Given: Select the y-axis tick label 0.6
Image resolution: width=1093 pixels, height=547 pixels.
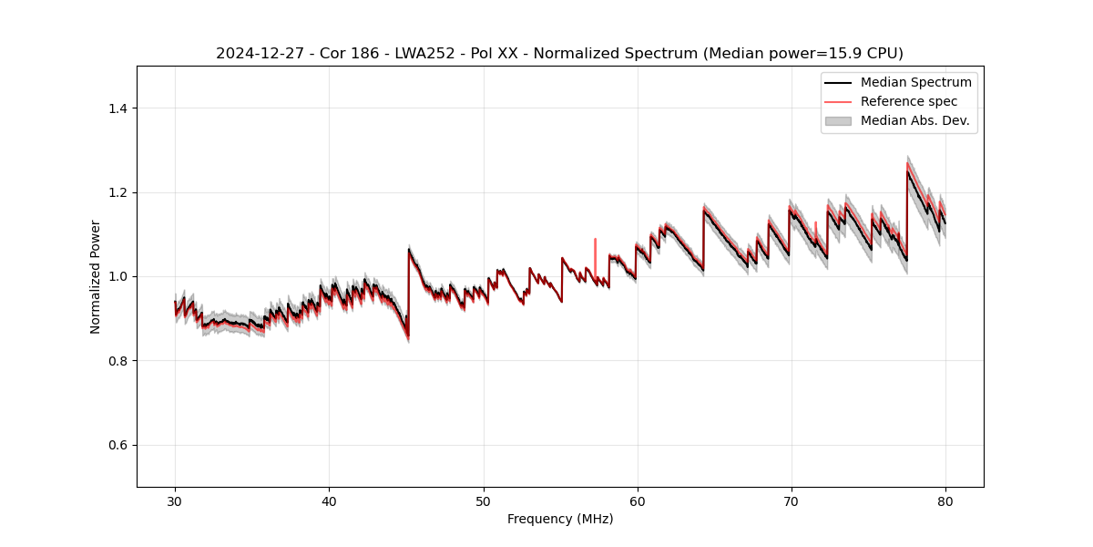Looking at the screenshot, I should [117, 445].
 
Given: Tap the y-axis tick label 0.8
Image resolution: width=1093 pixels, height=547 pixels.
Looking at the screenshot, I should [117, 361].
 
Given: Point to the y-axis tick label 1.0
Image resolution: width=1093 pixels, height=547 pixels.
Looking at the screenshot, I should [117, 276].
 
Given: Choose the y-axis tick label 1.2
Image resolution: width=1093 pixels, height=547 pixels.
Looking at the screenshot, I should [117, 192].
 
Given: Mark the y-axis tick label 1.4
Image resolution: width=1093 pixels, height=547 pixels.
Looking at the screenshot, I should [117, 108].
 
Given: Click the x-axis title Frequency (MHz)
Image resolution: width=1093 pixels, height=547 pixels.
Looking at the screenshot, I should [560, 519].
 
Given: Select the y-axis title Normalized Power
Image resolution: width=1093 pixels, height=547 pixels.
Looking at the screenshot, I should [96, 276].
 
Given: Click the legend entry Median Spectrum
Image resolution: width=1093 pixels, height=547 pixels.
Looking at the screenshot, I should [915, 83].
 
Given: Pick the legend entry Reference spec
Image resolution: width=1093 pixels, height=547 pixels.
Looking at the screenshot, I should [909, 101].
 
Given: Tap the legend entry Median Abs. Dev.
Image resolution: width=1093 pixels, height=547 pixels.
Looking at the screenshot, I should [914, 120].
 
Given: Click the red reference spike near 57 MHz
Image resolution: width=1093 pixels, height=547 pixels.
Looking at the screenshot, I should [595, 242].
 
